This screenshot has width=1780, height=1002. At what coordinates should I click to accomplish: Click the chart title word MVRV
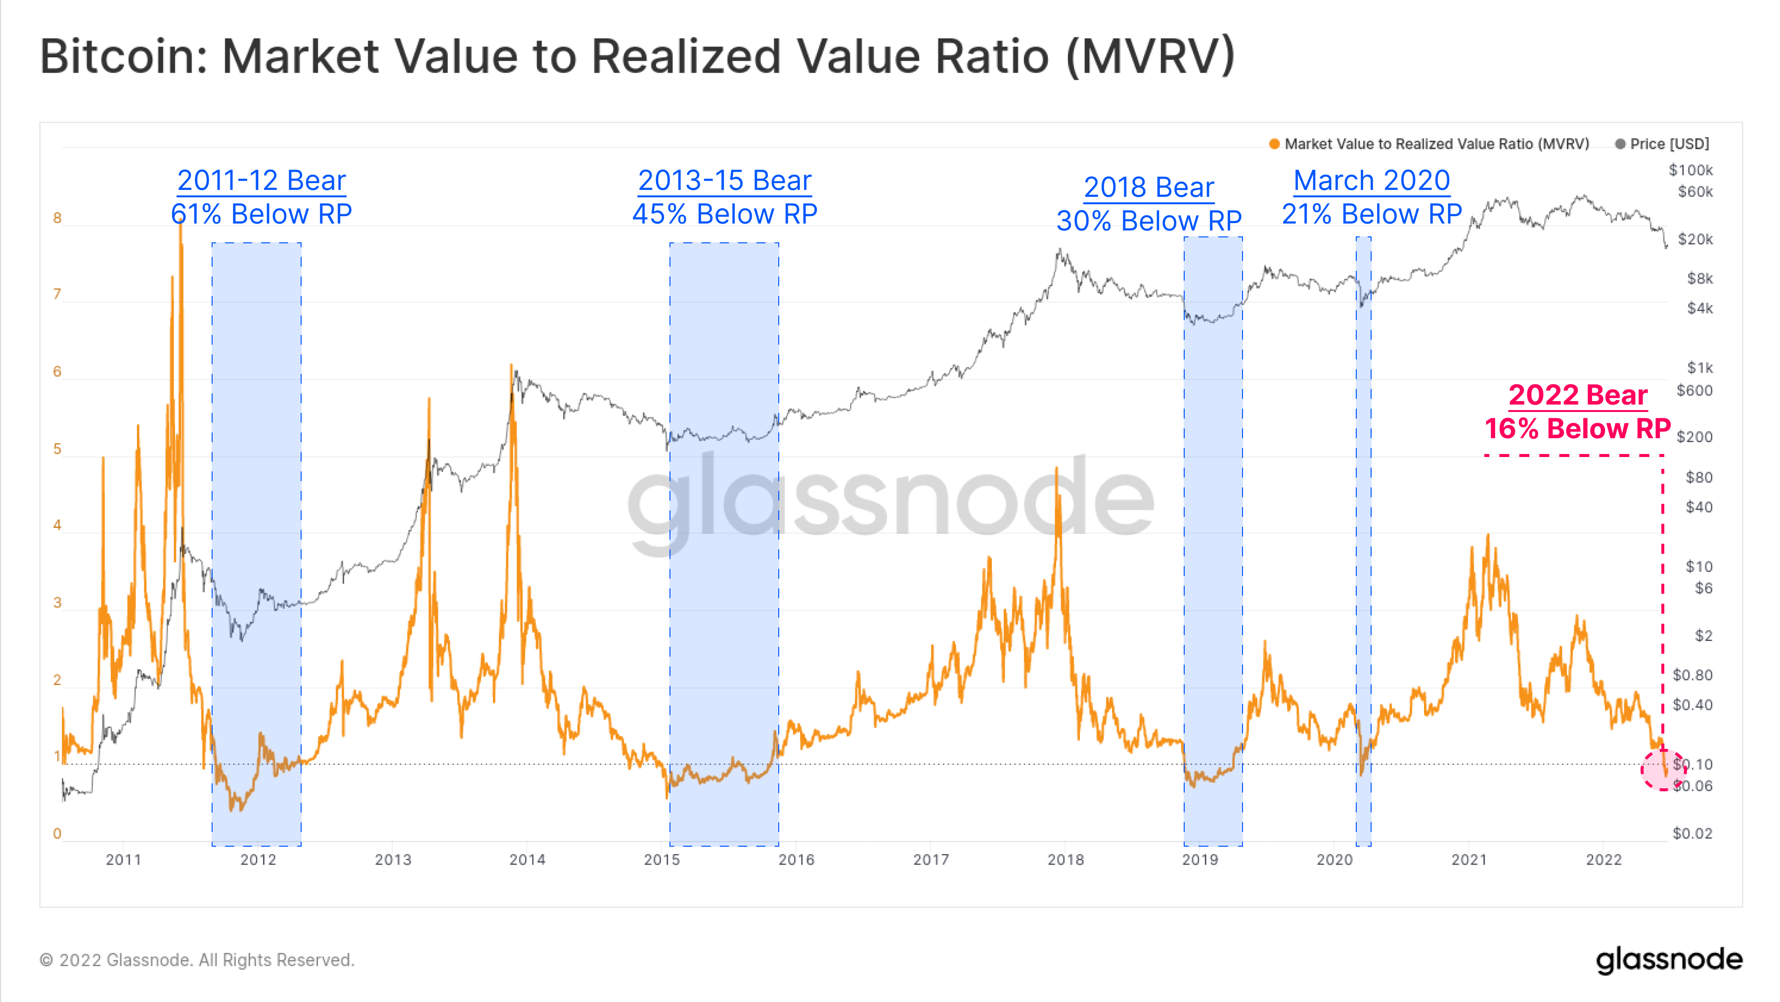click(x=1151, y=57)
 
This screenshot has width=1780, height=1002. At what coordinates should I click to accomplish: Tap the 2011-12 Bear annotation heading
click(x=261, y=181)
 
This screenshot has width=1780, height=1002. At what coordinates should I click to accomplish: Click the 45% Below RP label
click(x=724, y=214)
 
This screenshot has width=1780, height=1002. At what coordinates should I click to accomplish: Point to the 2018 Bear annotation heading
click(x=1149, y=187)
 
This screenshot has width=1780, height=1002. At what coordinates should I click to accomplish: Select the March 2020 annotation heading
click(x=1371, y=181)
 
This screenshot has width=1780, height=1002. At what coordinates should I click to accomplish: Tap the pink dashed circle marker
click(x=1662, y=769)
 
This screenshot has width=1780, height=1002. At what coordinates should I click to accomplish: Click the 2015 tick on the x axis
click(x=661, y=859)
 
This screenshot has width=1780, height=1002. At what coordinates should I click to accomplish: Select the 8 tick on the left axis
click(x=57, y=218)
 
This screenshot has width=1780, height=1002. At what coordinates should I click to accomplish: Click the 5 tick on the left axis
click(x=57, y=449)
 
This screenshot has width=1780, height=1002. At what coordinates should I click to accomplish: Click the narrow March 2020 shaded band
click(x=1363, y=553)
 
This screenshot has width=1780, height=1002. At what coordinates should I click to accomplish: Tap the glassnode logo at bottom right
click(x=1668, y=960)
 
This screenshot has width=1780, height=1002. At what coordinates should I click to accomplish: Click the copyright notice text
click(x=197, y=960)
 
